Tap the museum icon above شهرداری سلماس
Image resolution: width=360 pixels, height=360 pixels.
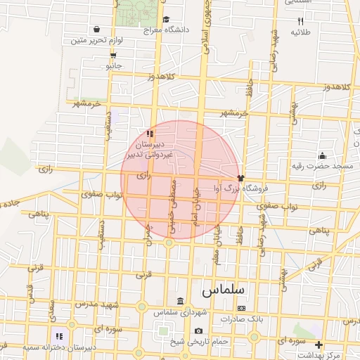(179, 301)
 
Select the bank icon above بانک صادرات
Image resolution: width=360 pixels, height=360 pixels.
(241, 308)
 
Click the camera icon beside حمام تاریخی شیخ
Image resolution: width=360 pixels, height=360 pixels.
(199, 331)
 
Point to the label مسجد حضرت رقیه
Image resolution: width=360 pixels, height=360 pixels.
(323, 167)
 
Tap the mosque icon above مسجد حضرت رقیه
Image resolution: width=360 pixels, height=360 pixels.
(322, 155)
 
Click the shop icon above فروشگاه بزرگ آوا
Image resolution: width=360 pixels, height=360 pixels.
(240, 178)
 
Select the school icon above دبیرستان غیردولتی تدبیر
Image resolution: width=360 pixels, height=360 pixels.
(149, 134)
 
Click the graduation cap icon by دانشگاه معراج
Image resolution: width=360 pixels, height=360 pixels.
(166, 20)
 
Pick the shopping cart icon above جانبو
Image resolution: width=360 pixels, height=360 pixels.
(113, 55)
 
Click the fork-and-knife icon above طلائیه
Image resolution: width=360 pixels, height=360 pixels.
(301, 20)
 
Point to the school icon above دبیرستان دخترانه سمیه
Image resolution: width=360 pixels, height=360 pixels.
(59, 337)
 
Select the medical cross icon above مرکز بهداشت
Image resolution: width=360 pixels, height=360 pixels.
(319, 345)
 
